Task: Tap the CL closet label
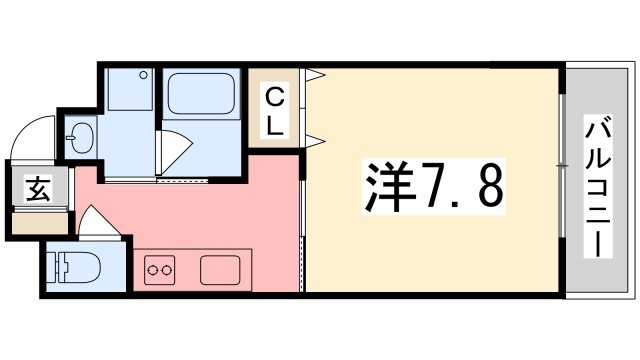pos(275,111)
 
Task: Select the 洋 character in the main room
pos(376,184)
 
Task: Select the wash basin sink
pos(80,137)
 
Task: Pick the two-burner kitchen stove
pos(159,269)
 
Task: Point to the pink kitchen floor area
pos(200,215)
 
